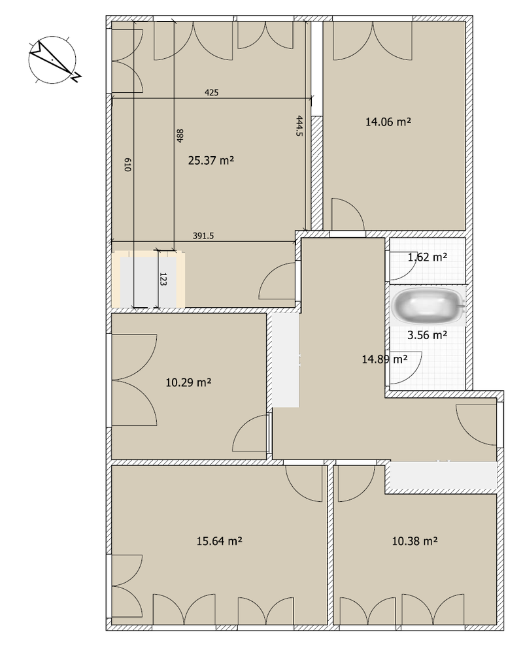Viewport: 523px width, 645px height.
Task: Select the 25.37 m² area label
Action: tap(211, 160)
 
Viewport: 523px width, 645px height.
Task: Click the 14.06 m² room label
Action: tap(388, 122)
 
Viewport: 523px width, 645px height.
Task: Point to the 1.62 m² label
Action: tap(427, 257)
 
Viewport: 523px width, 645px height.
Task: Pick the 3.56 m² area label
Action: tap(427, 335)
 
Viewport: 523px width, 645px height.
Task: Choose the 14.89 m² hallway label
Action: tap(385, 359)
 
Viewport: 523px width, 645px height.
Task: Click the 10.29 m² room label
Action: tap(188, 382)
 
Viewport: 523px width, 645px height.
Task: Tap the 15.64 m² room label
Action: tap(219, 540)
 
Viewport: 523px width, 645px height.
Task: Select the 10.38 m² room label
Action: tap(414, 540)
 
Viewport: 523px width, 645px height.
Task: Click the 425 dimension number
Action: tap(212, 93)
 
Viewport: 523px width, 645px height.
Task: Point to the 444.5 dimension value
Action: tap(299, 126)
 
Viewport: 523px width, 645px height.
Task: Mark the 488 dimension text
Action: tap(180, 136)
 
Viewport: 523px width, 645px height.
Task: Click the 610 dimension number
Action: tap(127, 165)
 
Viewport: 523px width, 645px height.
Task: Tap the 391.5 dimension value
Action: tap(203, 236)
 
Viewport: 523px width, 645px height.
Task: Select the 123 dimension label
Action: tap(163, 279)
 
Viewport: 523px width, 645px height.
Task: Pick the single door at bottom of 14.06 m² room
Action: tap(348, 214)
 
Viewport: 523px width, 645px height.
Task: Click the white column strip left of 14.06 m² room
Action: tap(316, 69)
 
